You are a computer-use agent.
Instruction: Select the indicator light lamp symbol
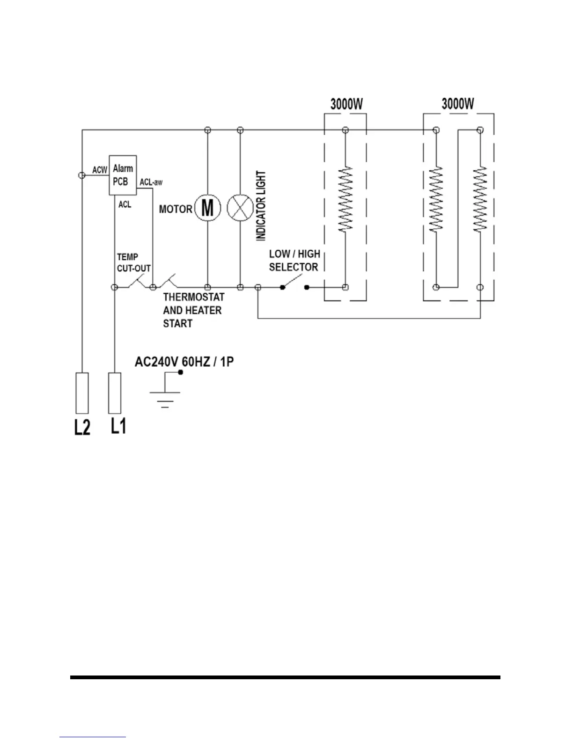click(x=240, y=208)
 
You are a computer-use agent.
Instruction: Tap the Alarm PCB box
click(x=123, y=175)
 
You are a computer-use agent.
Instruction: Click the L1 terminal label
click(x=118, y=426)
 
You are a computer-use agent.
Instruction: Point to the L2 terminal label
click(x=82, y=427)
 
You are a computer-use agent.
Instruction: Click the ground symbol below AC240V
click(x=165, y=395)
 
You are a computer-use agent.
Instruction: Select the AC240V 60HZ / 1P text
click(x=184, y=362)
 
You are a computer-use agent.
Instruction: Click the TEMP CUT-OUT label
click(x=133, y=263)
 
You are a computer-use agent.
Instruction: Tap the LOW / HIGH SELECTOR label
click(x=294, y=261)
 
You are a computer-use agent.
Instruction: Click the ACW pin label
click(x=100, y=170)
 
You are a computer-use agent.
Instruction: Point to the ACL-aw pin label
click(x=151, y=182)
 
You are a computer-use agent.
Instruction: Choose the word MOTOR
click(x=176, y=209)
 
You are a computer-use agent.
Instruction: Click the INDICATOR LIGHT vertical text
click(x=261, y=206)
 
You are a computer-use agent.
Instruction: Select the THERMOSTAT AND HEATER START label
click(x=193, y=310)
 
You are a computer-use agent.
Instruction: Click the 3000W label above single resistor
click(x=346, y=104)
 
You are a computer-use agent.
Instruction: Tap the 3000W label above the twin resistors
click(x=458, y=104)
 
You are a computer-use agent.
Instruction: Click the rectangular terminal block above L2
click(x=82, y=393)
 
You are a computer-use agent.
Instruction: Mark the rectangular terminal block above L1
click(x=115, y=393)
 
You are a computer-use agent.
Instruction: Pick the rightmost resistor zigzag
click(x=480, y=200)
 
